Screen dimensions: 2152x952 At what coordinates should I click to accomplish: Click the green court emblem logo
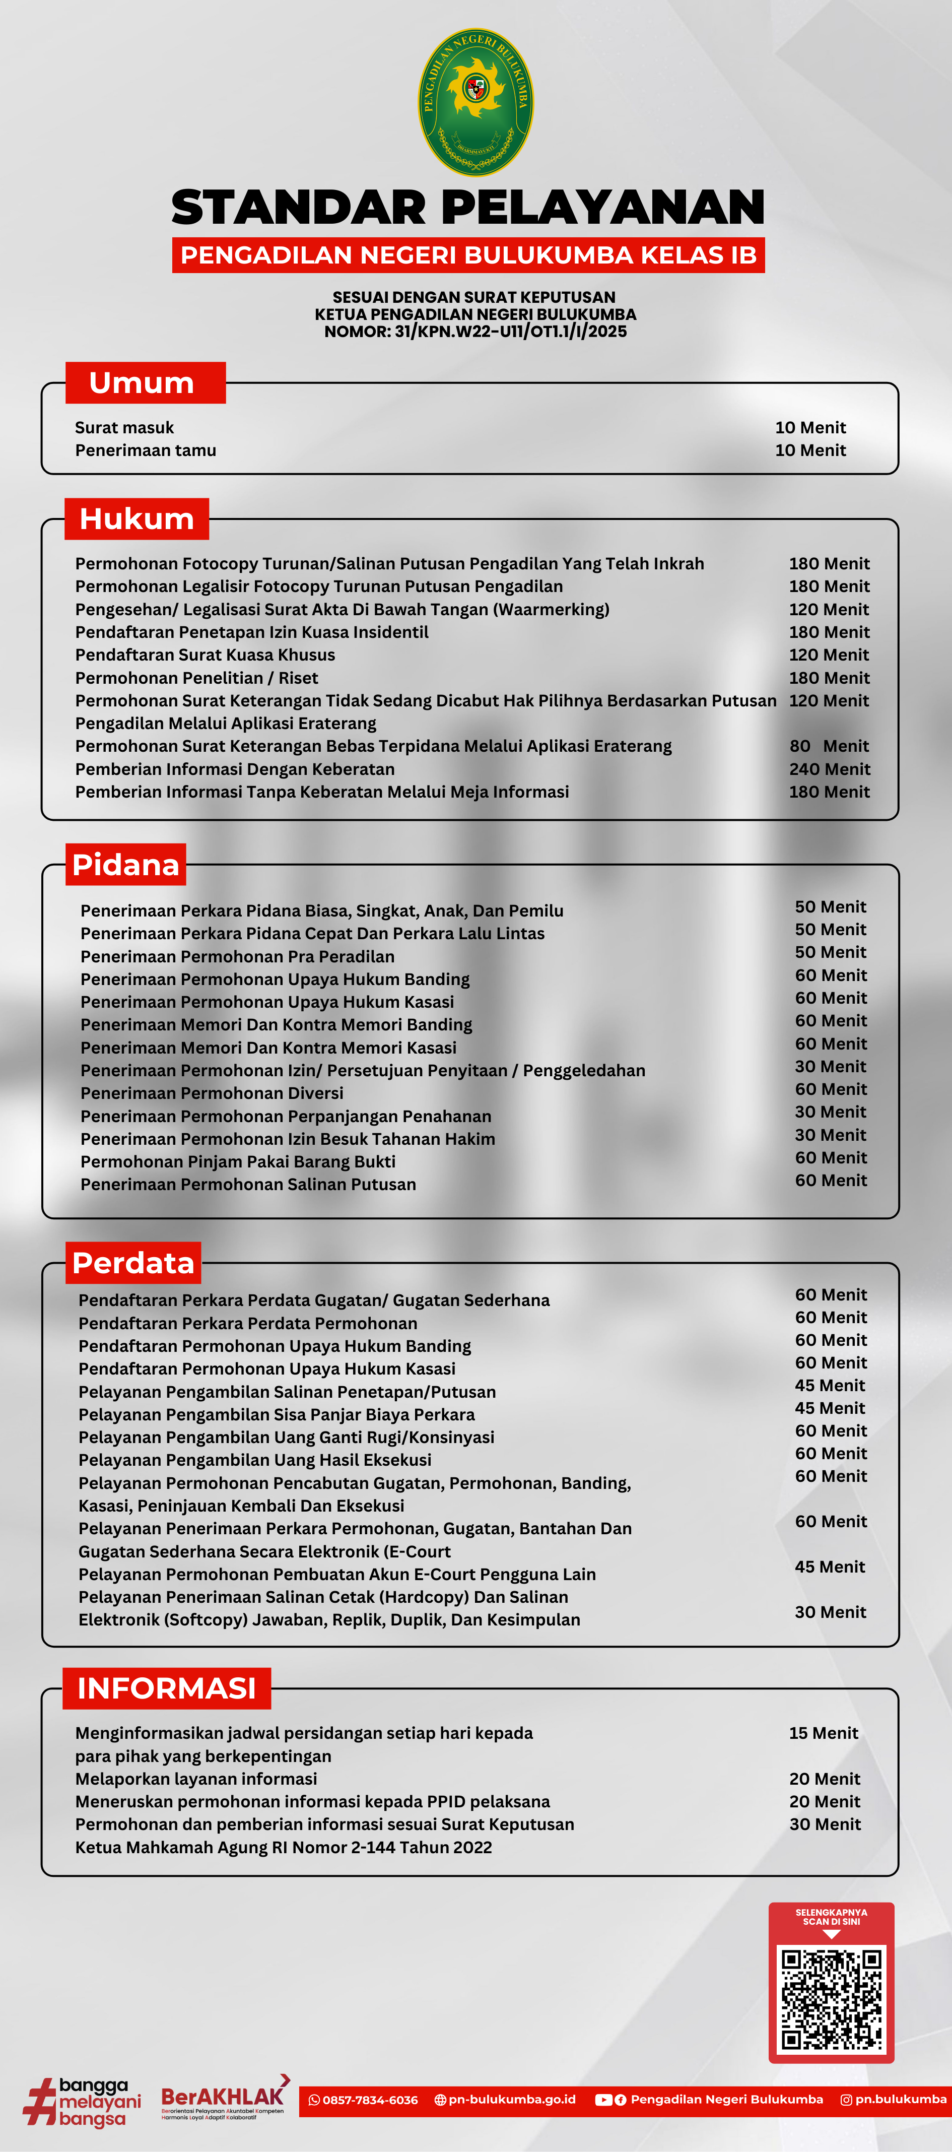(475, 102)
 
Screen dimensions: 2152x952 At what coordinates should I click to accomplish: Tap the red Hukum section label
(137, 519)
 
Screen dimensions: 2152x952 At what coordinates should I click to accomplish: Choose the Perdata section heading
(133, 1262)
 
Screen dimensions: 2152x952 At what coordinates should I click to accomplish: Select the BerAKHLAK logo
(224, 2098)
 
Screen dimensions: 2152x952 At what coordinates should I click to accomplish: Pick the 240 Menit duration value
(829, 768)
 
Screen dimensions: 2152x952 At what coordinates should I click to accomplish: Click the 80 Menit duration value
(829, 746)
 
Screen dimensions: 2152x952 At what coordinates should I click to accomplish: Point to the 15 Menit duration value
(824, 1733)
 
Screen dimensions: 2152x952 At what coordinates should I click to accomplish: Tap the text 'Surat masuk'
(124, 428)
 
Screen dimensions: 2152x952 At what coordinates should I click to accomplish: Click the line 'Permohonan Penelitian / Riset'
(196, 678)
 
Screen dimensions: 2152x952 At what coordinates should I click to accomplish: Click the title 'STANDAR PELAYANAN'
(467, 207)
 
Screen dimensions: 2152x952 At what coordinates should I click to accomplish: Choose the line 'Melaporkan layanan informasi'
(196, 1779)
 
